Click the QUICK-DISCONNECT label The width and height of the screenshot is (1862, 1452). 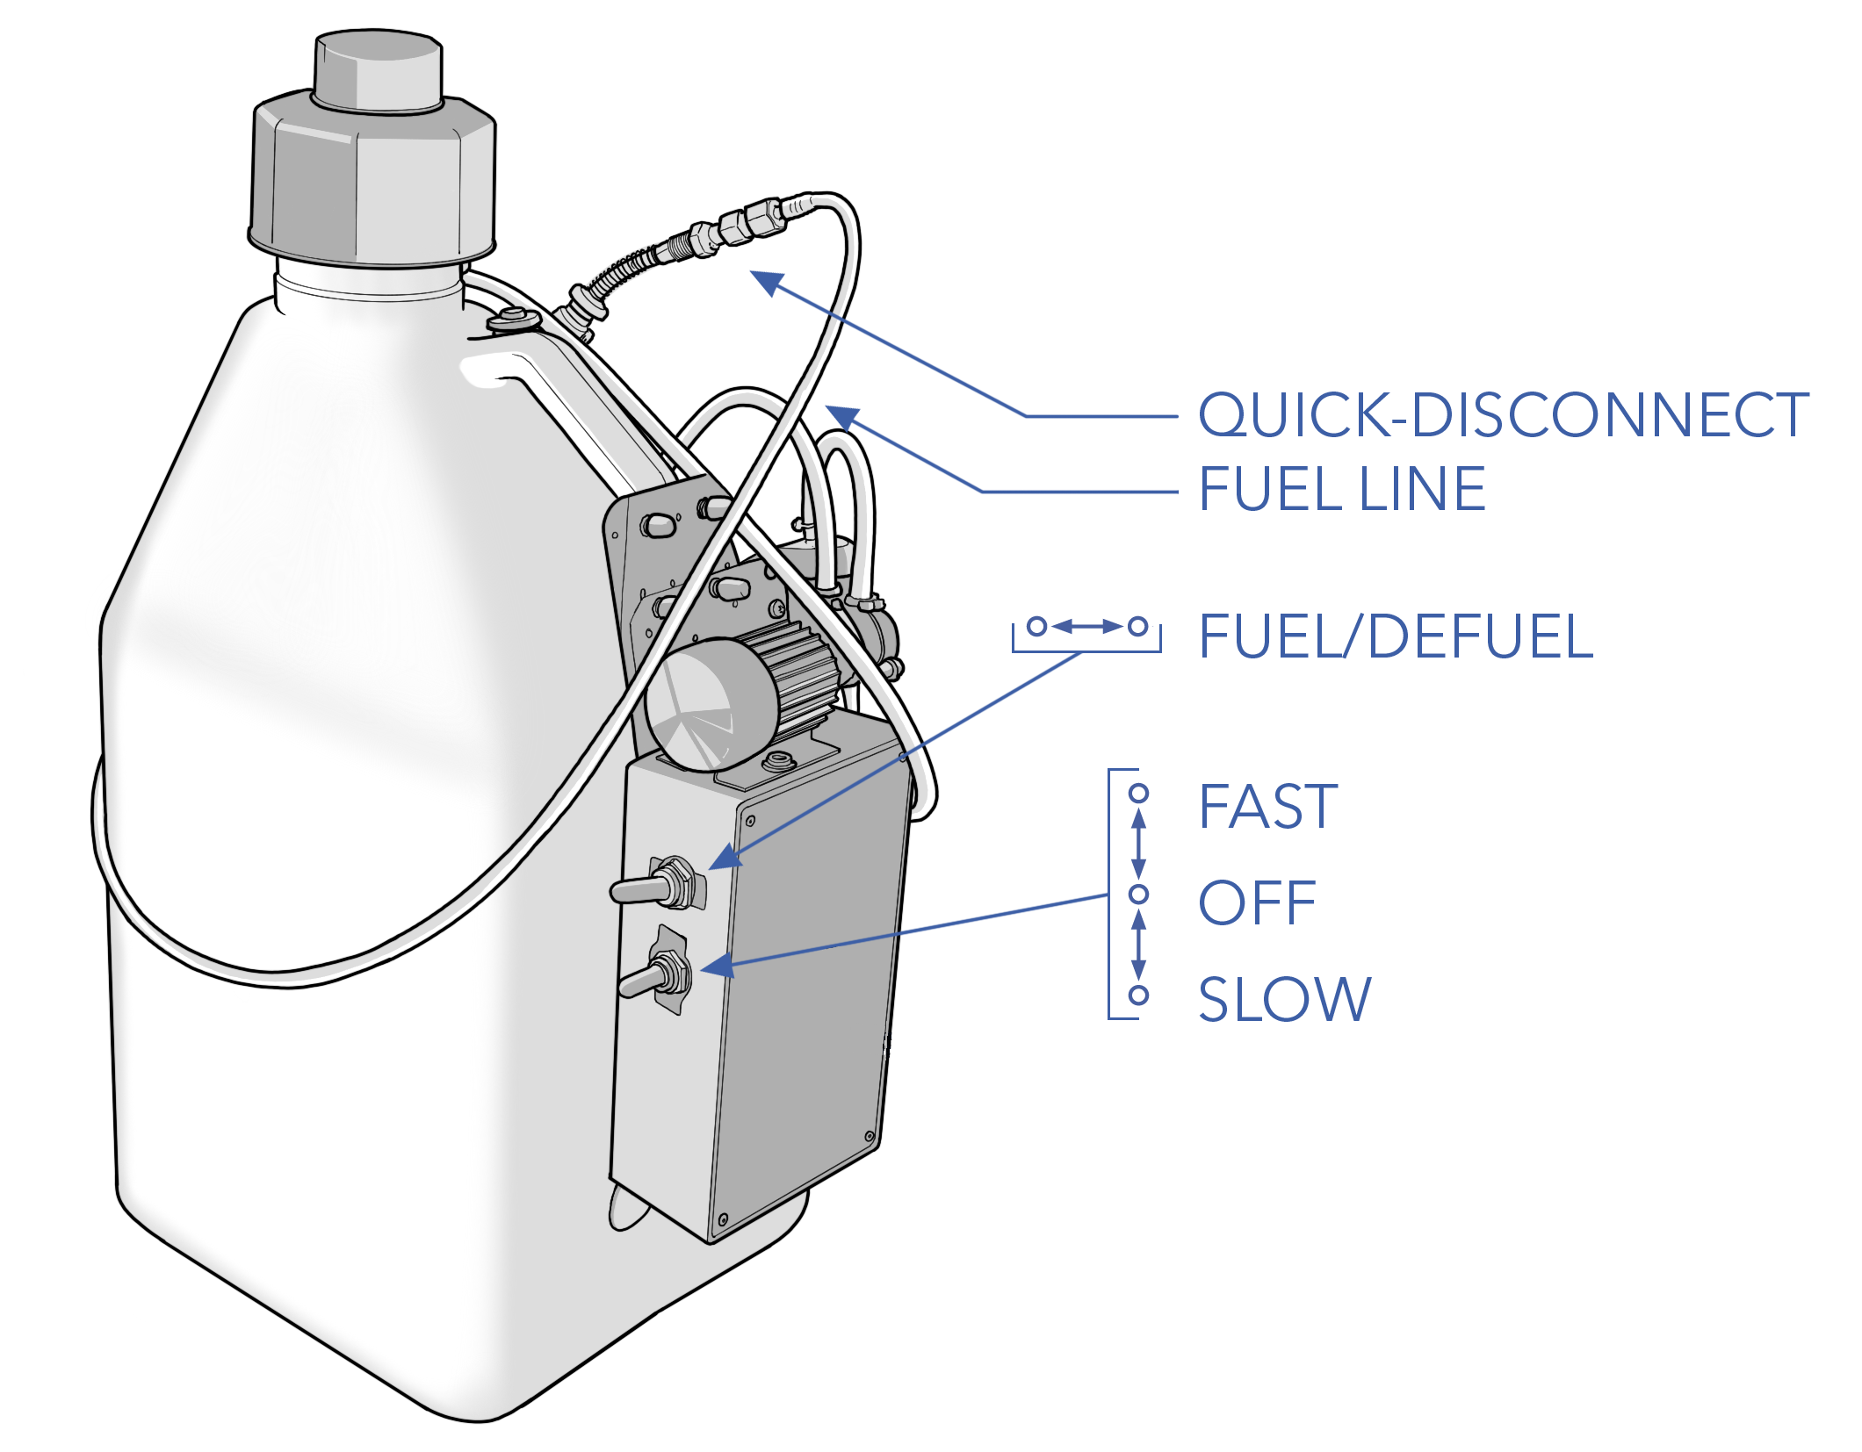tap(1503, 414)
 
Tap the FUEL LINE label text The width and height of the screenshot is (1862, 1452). tap(1341, 489)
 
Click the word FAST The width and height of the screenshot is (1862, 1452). tap(1267, 807)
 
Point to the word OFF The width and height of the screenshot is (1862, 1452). tap(1257, 902)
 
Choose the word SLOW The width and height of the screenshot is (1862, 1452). tap(1284, 998)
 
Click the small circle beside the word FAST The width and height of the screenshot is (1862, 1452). tap(1139, 794)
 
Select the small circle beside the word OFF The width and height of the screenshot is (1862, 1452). tap(1139, 894)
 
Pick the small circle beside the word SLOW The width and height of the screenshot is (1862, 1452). tap(1139, 996)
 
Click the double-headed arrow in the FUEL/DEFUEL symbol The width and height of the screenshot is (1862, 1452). tap(1087, 627)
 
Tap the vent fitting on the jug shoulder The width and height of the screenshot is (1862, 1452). tap(509, 320)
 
